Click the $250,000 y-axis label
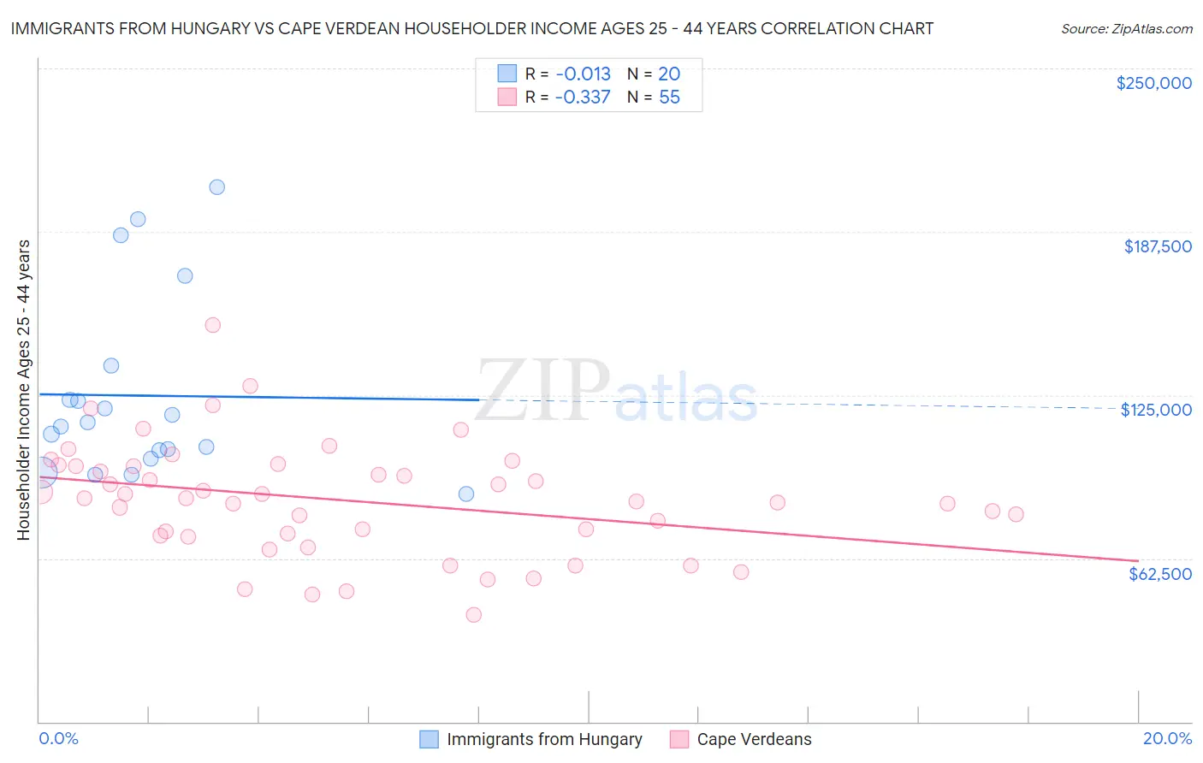point(1153,83)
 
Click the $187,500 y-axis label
point(1157,246)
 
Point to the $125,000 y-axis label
point(1156,410)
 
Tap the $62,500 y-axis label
point(1159,574)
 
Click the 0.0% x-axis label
point(58,739)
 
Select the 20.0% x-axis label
point(1167,739)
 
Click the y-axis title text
point(23,390)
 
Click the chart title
point(471,28)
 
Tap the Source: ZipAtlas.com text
point(1126,29)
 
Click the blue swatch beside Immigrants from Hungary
point(429,740)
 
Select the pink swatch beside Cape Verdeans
point(679,740)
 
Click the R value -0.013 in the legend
point(583,74)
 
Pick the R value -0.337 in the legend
point(583,98)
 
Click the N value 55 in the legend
point(669,98)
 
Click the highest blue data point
point(217,187)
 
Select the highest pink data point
point(213,325)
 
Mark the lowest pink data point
point(473,615)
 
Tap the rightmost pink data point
point(1016,514)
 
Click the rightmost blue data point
point(466,494)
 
